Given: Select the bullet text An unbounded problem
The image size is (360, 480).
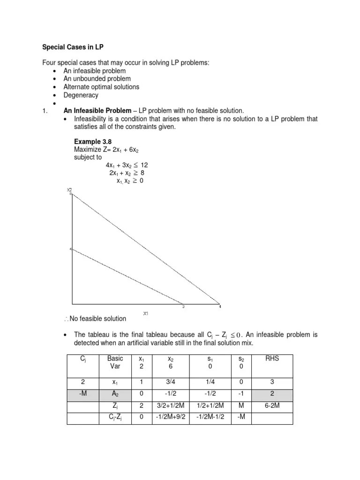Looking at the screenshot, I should tap(97, 79).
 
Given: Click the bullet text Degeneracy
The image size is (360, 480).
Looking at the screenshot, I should tap(81, 95).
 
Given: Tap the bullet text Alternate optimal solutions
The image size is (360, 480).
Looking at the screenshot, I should tap(101, 87).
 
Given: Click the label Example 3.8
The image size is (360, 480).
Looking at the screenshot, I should tap(93, 141).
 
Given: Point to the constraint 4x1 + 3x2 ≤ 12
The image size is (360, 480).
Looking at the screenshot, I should tap(127, 165).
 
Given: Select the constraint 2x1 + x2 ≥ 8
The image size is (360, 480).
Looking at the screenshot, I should tap(127, 173).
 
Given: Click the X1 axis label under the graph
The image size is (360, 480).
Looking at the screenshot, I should tap(146, 313).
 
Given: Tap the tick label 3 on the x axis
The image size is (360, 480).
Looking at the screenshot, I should tap(183, 307).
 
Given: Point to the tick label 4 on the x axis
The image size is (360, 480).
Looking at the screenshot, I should tap(220, 307).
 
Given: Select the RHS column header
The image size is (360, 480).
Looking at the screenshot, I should tap(272, 359).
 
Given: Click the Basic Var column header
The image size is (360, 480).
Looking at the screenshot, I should tap(115, 362).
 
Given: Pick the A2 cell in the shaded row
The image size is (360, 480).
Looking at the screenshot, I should tap(115, 394).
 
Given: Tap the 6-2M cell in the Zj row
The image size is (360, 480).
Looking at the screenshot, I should tap(272, 406).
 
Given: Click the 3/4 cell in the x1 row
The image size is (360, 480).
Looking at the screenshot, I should tap(170, 382).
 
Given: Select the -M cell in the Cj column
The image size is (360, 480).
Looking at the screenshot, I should tap(82, 394).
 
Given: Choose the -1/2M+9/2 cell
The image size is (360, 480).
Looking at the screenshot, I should tap(170, 418).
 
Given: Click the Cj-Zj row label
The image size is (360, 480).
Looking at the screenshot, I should tap(115, 418).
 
